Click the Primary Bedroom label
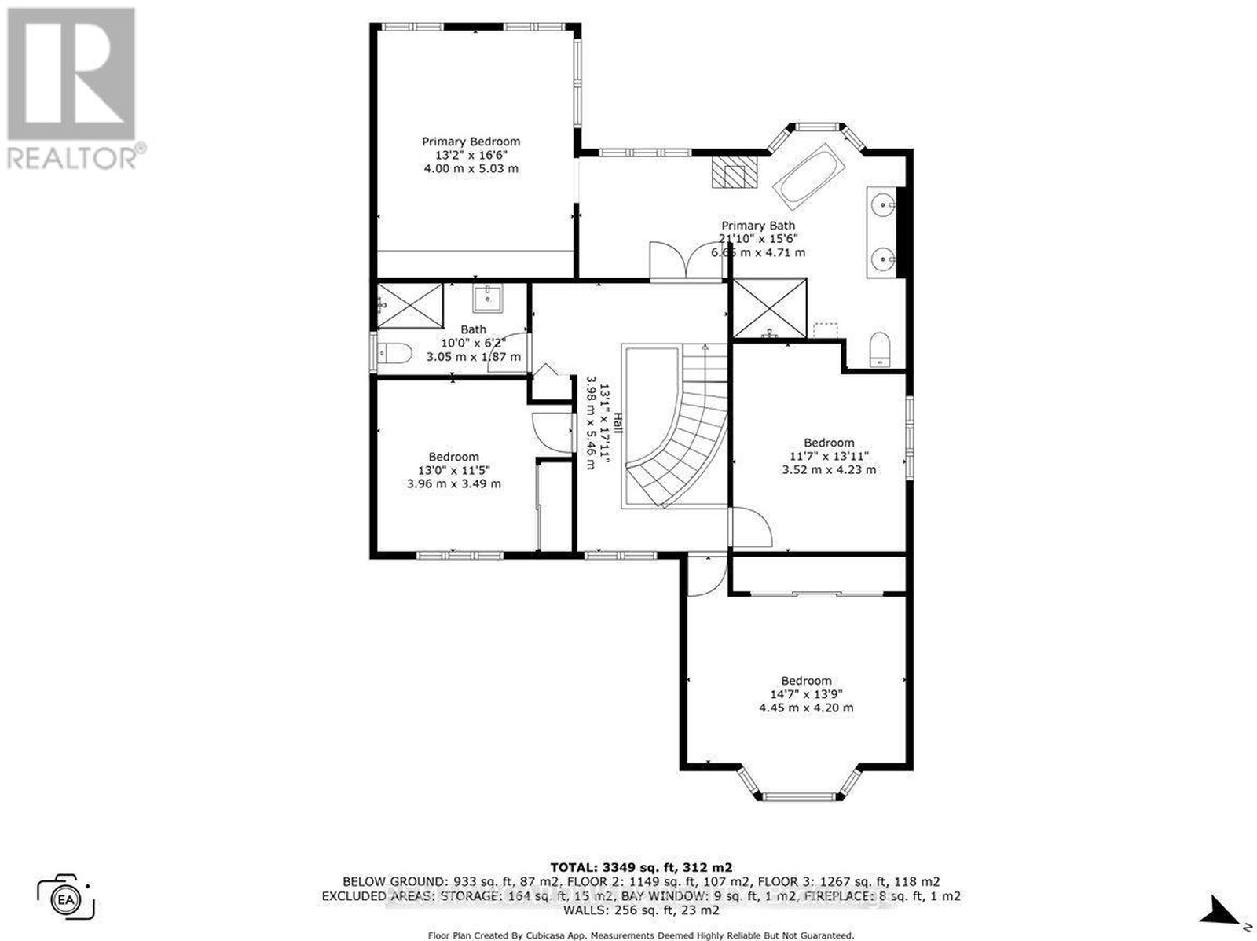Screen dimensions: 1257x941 [x=471, y=142]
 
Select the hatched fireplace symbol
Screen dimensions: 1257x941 [x=734, y=171]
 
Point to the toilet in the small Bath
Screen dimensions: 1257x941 [x=394, y=353]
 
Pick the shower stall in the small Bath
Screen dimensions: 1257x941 [x=410, y=306]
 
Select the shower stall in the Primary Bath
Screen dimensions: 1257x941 [x=770, y=308]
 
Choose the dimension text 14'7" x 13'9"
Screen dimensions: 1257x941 [x=806, y=694]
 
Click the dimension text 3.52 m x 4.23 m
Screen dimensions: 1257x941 [x=829, y=470]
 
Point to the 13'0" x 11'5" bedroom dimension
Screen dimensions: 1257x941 [x=453, y=470]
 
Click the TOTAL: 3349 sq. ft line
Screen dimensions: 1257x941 [x=641, y=867]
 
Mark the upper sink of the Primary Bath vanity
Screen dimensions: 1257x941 [x=885, y=204]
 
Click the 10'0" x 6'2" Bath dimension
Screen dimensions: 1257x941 [x=473, y=343]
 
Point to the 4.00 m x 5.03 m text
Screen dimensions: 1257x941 [x=471, y=168]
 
